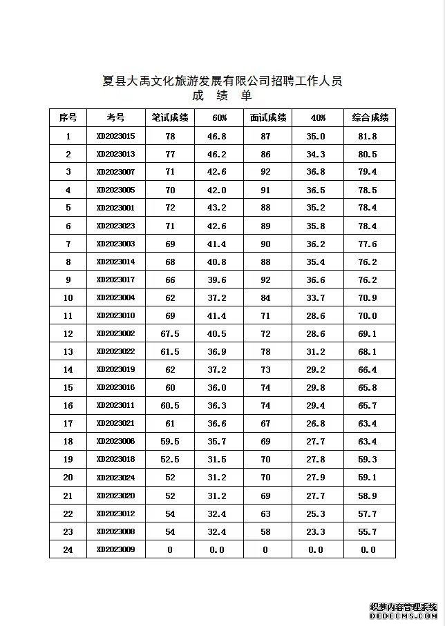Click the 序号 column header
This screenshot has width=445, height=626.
[68, 117]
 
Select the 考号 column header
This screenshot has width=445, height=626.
[115, 117]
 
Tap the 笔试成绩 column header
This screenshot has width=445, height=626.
[170, 117]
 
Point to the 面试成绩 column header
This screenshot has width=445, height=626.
[265, 117]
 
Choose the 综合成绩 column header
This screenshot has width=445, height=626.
[370, 117]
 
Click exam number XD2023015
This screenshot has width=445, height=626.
[115, 136]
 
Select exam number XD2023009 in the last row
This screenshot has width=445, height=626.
[115, 549]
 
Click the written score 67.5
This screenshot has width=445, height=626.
[170, 333]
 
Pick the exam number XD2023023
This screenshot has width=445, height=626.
[115, 226]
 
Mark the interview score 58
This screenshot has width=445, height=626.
[265, 531]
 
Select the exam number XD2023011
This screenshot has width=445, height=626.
[115, 405]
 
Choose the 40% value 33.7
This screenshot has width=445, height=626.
[315, 297]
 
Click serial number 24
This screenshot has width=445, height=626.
[68, 549]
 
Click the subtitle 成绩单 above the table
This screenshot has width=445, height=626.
[222, 96]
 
